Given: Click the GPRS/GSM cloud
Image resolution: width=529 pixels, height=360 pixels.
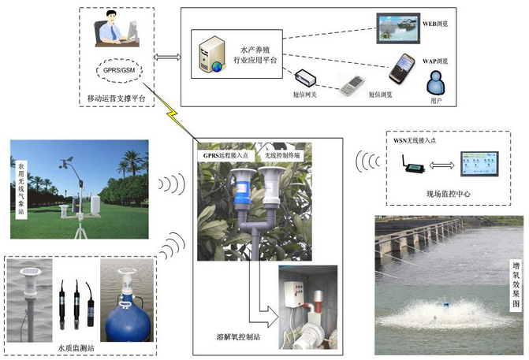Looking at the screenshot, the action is point(118,70).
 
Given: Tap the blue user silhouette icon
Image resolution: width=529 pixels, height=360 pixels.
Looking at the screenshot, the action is point(435,83).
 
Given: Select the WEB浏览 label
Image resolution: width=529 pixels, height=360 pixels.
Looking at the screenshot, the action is point(435,24).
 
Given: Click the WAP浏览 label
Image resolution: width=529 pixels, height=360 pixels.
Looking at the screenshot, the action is point(435,61).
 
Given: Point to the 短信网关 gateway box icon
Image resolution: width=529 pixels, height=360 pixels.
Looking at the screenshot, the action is point(306,77).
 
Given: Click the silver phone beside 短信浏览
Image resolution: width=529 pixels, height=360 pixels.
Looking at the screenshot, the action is point(352,86).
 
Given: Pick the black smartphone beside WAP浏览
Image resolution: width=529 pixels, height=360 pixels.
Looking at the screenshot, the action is point(402,69).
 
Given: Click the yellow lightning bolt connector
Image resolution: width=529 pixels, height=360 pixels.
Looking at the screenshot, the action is point(172,113).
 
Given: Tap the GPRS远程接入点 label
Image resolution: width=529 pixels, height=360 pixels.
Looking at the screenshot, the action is point(225,155).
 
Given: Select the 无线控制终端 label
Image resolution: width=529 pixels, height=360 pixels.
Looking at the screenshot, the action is point(282,155).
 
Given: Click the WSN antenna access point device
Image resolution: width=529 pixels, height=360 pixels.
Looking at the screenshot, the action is point(414,165).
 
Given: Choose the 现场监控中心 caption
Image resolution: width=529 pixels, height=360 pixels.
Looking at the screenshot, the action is point(449,194).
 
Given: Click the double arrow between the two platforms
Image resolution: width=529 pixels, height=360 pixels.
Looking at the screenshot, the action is point(167,57).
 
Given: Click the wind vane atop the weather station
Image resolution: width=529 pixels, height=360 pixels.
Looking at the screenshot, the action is point(67,161).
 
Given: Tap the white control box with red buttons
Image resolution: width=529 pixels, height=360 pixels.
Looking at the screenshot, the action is point(293,294).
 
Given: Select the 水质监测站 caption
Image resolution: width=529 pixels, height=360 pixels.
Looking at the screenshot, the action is point(76,348).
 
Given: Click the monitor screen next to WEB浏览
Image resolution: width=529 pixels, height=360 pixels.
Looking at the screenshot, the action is point(398,28).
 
